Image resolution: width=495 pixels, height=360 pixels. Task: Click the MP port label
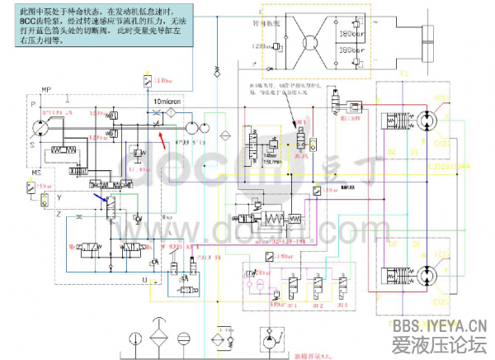[x=46, y=88]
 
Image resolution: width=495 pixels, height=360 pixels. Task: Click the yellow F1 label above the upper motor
[x=405, y=73]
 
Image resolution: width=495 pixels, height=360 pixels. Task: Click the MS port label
[x=36, y=173]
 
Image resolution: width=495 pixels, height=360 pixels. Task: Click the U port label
[x=145, y=279]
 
